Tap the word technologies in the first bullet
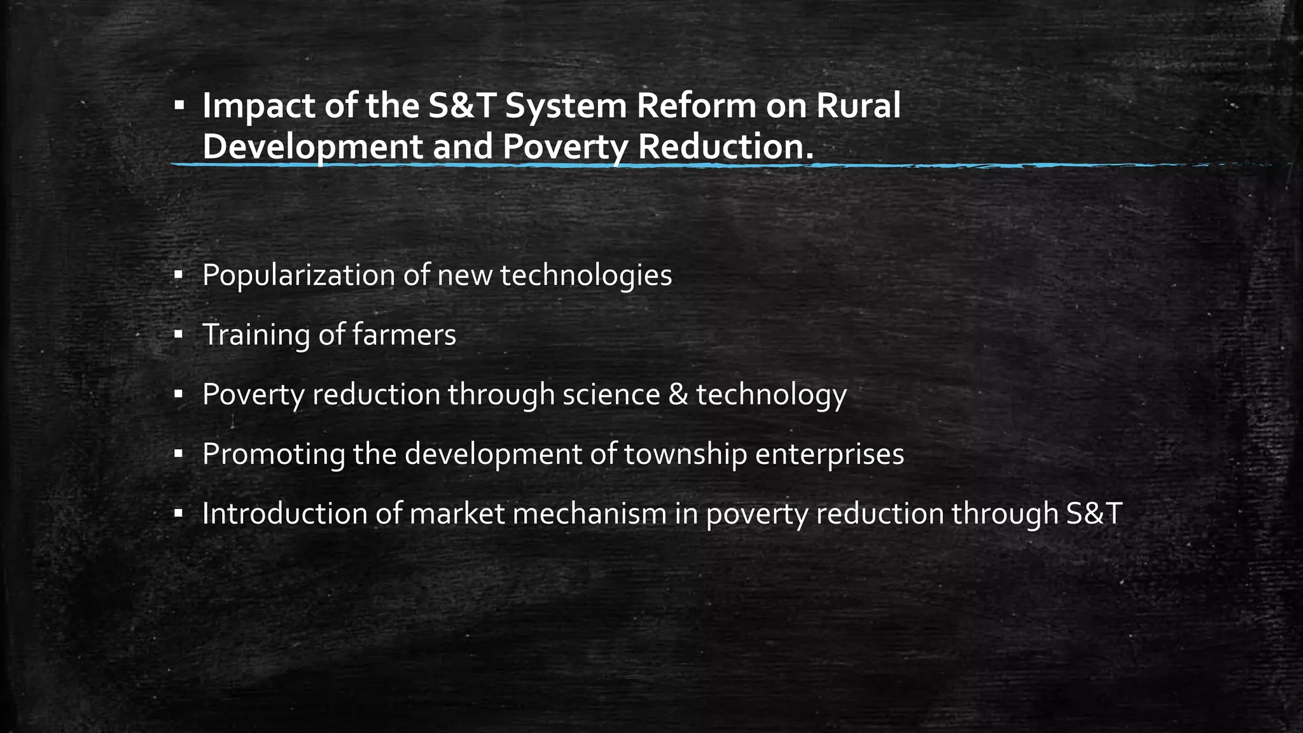(585, 275)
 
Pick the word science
(611, 394)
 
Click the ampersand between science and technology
(678, 394)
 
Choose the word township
(685, 454)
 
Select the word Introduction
(284, 513)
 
